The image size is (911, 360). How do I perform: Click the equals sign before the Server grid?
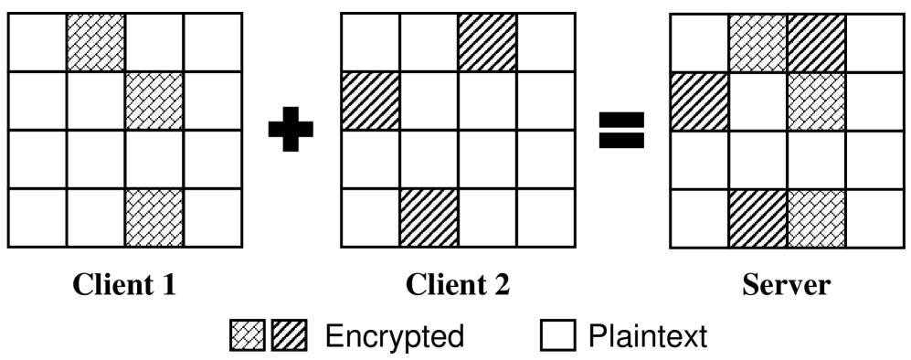click(x=621, y=130)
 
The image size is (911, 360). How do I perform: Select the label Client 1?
click(x=125, y=285)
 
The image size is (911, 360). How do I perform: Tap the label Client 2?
click(x=458, y=285)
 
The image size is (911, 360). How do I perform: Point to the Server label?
click(x=787, y=285)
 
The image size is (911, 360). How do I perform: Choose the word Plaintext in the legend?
click(x=646, y=337)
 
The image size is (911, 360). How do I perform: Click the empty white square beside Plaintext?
click(x=557, y=338)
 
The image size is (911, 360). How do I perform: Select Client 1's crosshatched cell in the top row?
click(x=96, y=42)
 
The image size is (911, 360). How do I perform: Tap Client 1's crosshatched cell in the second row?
click(x=154, y=101)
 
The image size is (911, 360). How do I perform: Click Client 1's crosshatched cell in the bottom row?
click(x=154, y=218)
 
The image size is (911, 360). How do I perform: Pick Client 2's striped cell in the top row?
click(x=487, y=42)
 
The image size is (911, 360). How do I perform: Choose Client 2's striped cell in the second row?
click(x=370, y=101)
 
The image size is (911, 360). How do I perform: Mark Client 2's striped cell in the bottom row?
click(x=428, y=218)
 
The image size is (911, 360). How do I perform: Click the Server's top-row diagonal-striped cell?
click(x=816, y=42)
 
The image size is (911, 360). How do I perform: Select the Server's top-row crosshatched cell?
click(x=757, y=42)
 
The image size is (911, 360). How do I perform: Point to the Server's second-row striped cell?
click(x=699, y=101)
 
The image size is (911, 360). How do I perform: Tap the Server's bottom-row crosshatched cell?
click(x=816, y=218)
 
